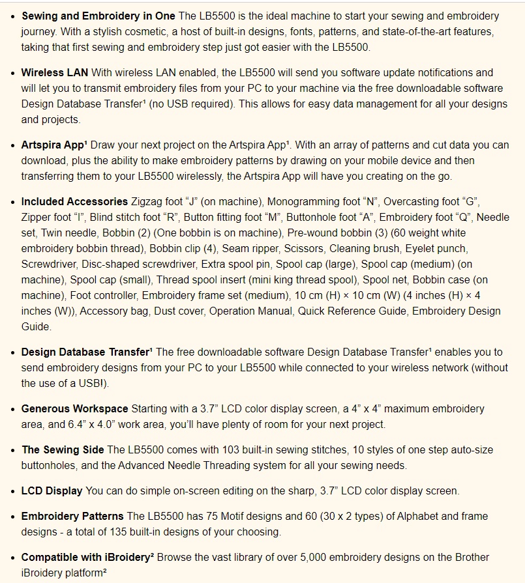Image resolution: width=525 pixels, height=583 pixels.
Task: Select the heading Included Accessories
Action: [74, 202]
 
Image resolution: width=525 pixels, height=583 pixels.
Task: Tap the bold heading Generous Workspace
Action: [74, 409]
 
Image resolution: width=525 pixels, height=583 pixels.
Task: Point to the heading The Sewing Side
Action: [63, 450]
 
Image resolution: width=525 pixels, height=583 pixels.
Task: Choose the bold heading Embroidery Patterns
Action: [72, 517]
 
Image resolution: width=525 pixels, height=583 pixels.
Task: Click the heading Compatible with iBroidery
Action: [87, 558]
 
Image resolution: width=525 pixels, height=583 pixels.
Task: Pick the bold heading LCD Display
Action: [52, 491]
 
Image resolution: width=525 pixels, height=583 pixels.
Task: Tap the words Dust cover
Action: [178, 311]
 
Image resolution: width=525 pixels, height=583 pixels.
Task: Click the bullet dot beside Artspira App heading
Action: [12, 146]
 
